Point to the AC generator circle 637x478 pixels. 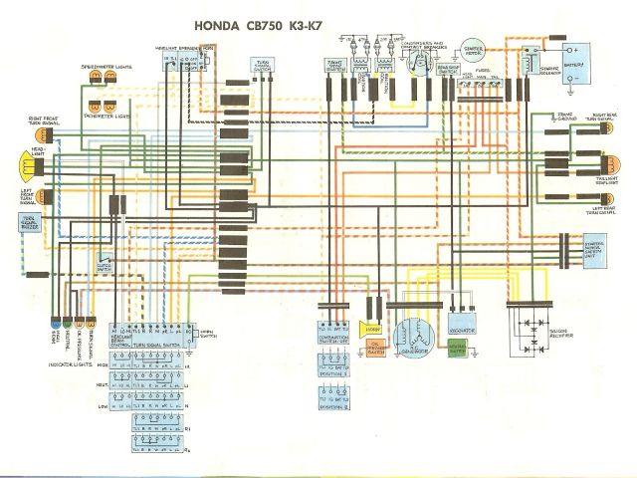pos(412,339)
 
